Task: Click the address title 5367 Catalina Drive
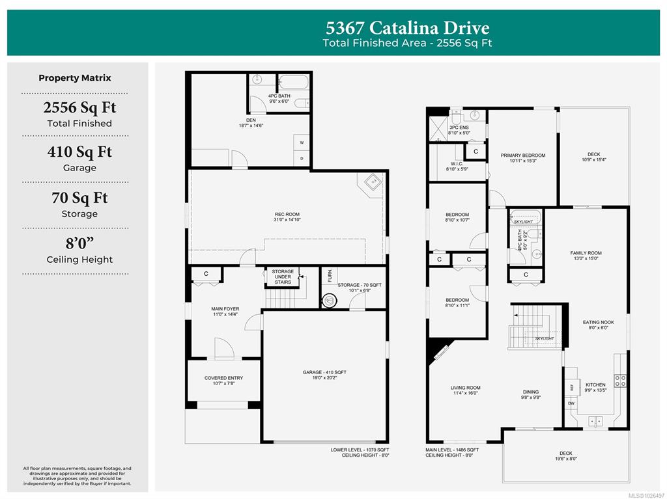[x=406, y=28]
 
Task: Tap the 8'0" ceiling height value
[x=79, y=243]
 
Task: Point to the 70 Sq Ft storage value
[x=79, y=198]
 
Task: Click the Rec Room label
[x=287, y=214]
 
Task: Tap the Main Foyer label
[x=225, y=308]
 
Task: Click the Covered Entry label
[x=223, y=378]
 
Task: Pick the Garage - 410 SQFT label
[x=324, y=373]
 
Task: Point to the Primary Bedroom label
[x=522, y=155]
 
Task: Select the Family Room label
[x=586, y=253]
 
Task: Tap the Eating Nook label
[x=598, y=322]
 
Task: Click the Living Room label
[x=465, y=388]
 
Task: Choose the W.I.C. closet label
[x=457, y=164]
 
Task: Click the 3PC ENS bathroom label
[x=458, y=128]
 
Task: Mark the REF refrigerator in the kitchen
[x=571, y=387]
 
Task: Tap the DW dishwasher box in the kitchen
[x=571, y=403]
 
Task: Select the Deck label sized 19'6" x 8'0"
[x=565, y=453]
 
